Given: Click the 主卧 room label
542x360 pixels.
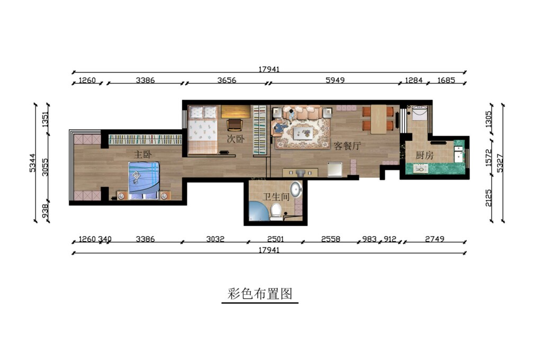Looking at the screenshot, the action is click(x=143, y=154).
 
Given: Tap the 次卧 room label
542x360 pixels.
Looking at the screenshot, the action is click(x=236, y=139).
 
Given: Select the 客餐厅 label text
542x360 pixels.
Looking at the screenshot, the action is click(x=347, y=146).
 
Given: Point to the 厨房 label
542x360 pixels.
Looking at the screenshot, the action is click(x=424, y=155).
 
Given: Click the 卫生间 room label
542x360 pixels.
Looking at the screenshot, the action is click(x=276, y=197).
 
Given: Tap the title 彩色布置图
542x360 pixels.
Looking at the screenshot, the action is click(x=260, y=294).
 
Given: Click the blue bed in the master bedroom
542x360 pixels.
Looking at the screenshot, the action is click(x=144, y=181).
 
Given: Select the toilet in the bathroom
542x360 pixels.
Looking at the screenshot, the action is click(x=276, y=212).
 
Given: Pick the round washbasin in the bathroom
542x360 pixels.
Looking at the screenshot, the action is click(x=296, y=189).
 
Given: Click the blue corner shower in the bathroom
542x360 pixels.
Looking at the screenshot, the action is click(x=258, y=211).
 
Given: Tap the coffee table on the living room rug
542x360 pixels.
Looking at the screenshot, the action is click(x=303, y=133).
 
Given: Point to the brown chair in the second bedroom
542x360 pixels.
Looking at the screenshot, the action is click(x=235, y=125).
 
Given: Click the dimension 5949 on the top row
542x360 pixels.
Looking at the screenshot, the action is click(x=335, y=80).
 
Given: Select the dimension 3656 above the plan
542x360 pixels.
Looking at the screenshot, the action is click(x=227, y=80).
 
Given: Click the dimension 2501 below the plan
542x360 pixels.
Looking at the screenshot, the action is click(x=275, y=239).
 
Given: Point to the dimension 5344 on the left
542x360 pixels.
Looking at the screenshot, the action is click(x=32, y=163).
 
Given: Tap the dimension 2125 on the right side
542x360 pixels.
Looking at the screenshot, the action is click(x=489, y=197).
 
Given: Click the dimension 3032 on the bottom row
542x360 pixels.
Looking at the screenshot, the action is click(x=215, y=239).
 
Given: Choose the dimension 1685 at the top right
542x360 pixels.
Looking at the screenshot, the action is click(x=446, y=80).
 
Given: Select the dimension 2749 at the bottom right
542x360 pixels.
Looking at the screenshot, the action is click(x=435, y=239).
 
